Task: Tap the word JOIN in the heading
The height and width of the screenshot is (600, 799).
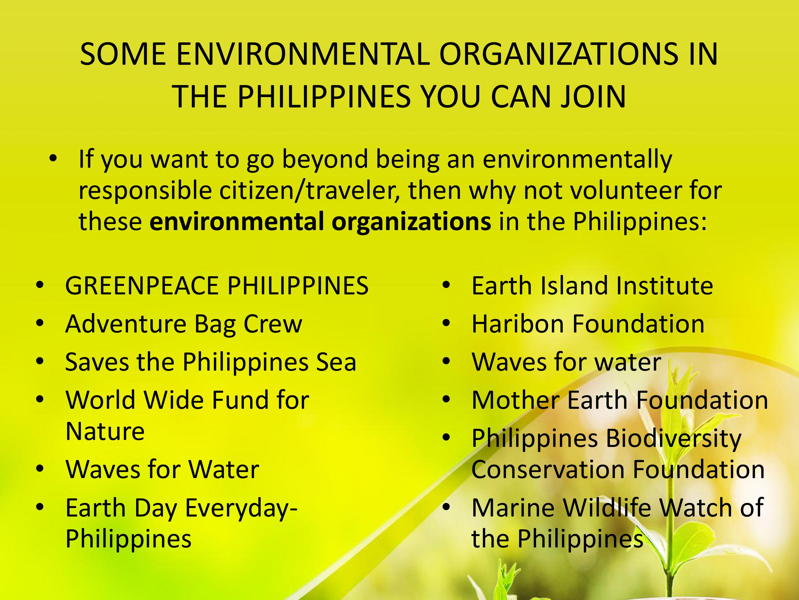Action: tap(593, 97)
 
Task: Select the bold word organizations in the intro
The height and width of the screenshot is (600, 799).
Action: tap(411, 221)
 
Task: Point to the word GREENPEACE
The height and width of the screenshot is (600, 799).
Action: tap(142, 286)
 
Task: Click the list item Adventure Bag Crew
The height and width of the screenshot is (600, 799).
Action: tap(184, 324)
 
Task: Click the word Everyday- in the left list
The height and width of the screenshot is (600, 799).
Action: tap(241, 508)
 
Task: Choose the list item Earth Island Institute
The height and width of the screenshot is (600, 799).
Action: tap(592, 286)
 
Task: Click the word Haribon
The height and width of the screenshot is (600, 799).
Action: tap(517, 324)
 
